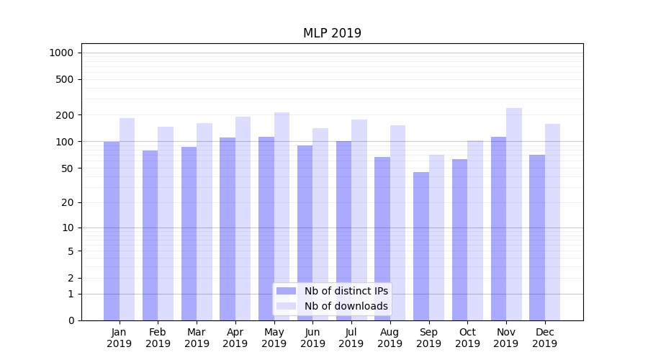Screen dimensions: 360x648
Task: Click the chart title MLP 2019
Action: pyautogui.click(x=332, y=33)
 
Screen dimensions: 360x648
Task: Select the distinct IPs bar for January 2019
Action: pyautogui.click(x=112, y=230)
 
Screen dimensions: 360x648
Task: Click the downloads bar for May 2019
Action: pyautogui.click(x=282, y=216)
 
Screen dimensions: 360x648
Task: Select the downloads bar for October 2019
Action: pyautogui.click(x=475, y=230)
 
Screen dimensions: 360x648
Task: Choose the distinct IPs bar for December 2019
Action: pyautogui.click(x=537, y=238)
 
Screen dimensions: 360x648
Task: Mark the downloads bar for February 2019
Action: pyautogui.click(x=166, y=223)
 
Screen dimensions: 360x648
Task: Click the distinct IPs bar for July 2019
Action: pyautogui.click(x=343, y=230)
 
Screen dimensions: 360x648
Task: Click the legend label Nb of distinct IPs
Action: pyautogui.click(x=346, y=291)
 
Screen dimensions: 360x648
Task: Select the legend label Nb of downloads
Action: pyautogui.click(x=346, y=306)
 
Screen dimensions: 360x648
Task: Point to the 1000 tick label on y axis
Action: pyautogui.click(x=61, y=53)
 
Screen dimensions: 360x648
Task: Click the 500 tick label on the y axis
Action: pyautogui.click(x=66, y=79)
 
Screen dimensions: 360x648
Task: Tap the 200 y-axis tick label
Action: pyautogui.click(x=66, y=115)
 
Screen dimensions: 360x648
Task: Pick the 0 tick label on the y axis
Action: pyautogui.click(x=71, y=320)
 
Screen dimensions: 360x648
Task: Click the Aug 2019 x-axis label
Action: pyautogui.click(x=390, y=338)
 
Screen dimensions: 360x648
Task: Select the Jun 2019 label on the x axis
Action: pyautogui.click(x=312, y=338)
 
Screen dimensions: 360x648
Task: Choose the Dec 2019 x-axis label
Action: pyautogui.click(x=545, y=338)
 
